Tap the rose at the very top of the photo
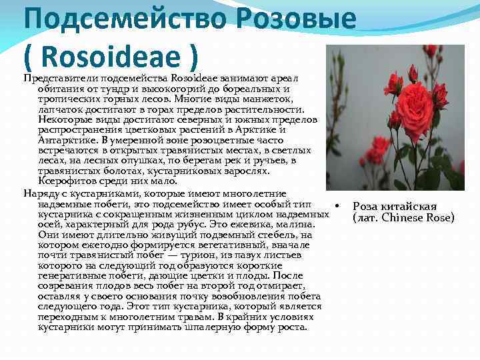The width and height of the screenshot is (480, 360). coord(431,51)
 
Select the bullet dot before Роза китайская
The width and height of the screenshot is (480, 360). coord(339,206)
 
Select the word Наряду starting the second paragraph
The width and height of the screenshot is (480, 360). coord(41,193)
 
